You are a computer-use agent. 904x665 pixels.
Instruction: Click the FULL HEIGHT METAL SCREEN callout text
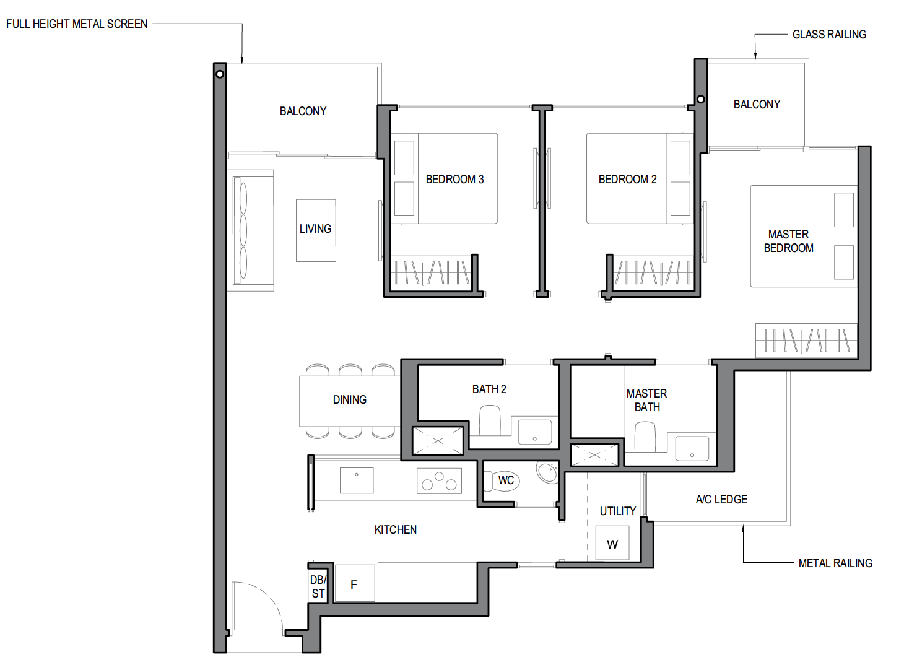(77, 24)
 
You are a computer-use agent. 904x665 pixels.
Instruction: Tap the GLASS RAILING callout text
(829, 34)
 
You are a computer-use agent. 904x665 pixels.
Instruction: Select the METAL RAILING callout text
(835, 563)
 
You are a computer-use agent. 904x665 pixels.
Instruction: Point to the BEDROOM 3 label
(454, 179)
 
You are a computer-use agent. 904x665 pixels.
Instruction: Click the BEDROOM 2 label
(627, 179)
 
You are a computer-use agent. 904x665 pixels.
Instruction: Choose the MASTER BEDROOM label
(789, 241)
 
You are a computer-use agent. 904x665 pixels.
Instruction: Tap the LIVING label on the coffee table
(315, 229)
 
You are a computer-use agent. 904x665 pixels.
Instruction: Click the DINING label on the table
(349, 399)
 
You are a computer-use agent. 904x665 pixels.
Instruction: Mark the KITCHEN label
(395, 529)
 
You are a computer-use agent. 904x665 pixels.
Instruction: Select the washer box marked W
(612, 543)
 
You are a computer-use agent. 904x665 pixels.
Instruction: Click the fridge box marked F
(355, 583)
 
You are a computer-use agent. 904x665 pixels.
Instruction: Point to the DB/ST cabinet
(318, 586)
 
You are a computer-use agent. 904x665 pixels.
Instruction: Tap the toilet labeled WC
(502, 480)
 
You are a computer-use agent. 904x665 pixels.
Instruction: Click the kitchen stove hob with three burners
(439, 480)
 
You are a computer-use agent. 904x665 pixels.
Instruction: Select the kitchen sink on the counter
(357, 480)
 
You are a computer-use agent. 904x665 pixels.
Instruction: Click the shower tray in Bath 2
(438, 441)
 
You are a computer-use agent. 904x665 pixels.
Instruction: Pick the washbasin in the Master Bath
(692, 448)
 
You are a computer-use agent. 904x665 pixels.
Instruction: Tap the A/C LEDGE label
(721, 499)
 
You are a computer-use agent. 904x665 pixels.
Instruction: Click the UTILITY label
(617, 511)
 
